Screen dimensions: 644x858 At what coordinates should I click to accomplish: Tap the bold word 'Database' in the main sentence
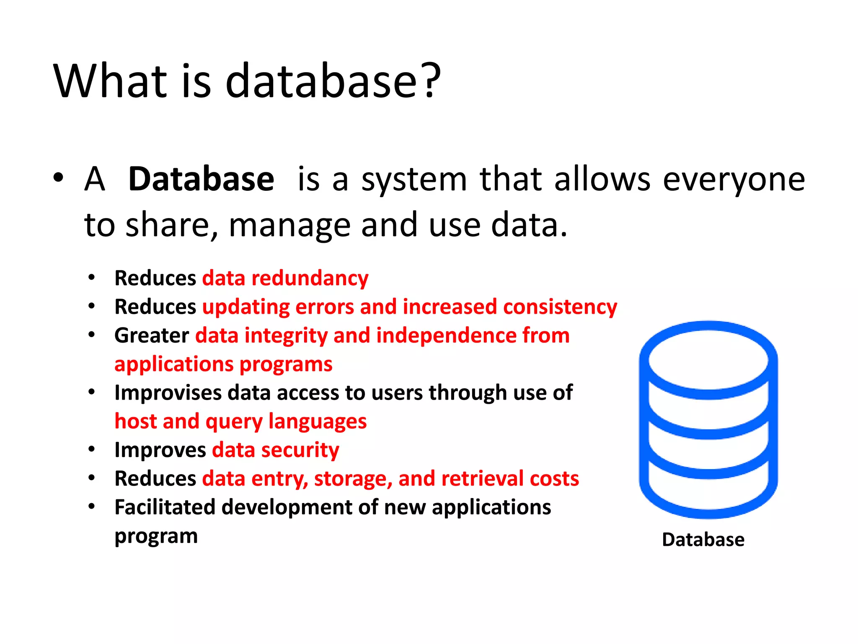[x=201, y=179]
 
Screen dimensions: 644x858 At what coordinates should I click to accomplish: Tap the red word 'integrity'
[x=286, y=336]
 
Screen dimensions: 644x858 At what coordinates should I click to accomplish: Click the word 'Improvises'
[x=168, y=393]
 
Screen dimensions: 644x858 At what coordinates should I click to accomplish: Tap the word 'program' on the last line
[x=156, y=537]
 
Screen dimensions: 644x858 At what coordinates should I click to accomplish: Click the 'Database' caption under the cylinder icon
[x=703, y=540]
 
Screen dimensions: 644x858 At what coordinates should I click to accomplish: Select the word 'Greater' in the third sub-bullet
[x=152, y=336]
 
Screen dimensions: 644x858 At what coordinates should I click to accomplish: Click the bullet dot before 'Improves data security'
[x=92, y=449]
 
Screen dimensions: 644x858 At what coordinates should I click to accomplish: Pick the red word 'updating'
[x=246, y=307]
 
